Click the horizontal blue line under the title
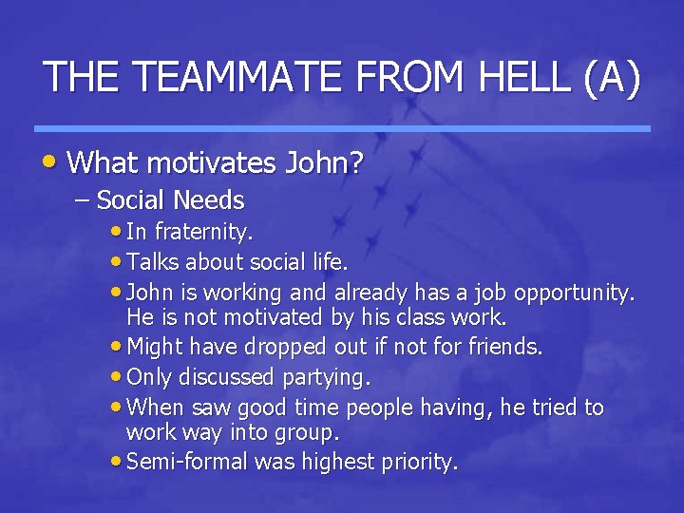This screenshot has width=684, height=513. coord(342,128)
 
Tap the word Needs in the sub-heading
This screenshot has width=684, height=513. coord(212,201)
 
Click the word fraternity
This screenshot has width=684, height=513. coord(203,232)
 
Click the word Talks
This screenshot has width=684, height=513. coord(153,261)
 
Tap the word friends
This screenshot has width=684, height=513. coord(506,347)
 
